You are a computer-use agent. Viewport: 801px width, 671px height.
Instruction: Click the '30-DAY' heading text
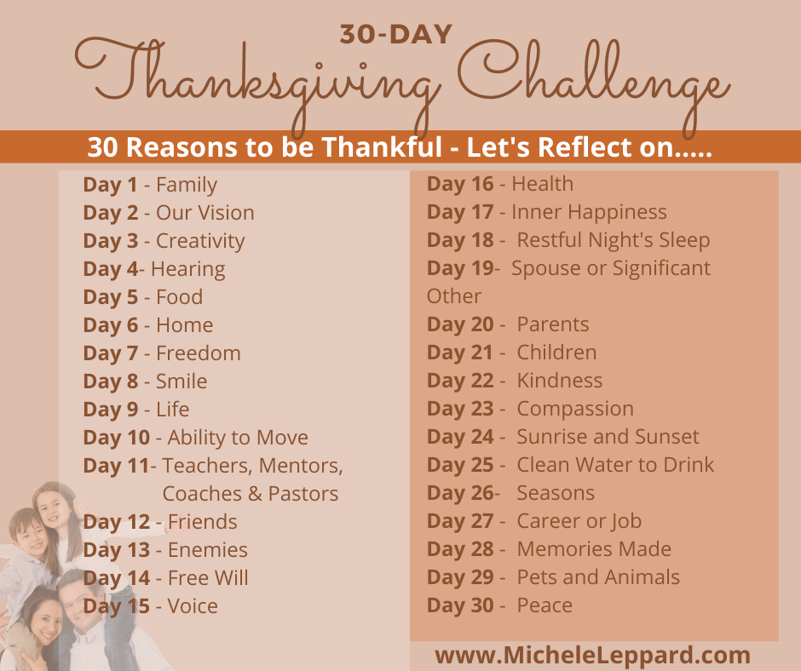[x=396, y=33]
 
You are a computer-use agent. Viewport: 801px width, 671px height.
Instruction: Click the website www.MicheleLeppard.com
[x=593, y=656]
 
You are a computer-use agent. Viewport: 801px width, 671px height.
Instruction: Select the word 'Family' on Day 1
[x=187, y=185]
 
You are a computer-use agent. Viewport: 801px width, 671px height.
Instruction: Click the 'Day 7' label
[x=111, y=353]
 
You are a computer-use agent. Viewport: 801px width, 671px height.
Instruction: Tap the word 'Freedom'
[x=199, y=353]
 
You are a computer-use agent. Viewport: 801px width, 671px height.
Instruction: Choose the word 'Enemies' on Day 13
[x=208, y=550]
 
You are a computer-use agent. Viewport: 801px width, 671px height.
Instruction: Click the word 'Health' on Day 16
[x=542, y=184]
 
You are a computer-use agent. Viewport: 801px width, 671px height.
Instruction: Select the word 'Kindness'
[x=560, y=381]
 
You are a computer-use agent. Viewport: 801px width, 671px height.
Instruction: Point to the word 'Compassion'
[x=575, y=409]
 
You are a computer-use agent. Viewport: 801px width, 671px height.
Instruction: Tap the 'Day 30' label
[x=460, y=605]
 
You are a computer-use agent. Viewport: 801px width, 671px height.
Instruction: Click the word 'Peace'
[x=545, y=605]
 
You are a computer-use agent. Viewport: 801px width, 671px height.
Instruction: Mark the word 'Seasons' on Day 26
[x=556, y=493]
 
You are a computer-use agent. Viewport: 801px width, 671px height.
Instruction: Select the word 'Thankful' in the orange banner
[x=383, y=147]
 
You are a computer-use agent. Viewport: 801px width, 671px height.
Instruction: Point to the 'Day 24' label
[x=460, y=437]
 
